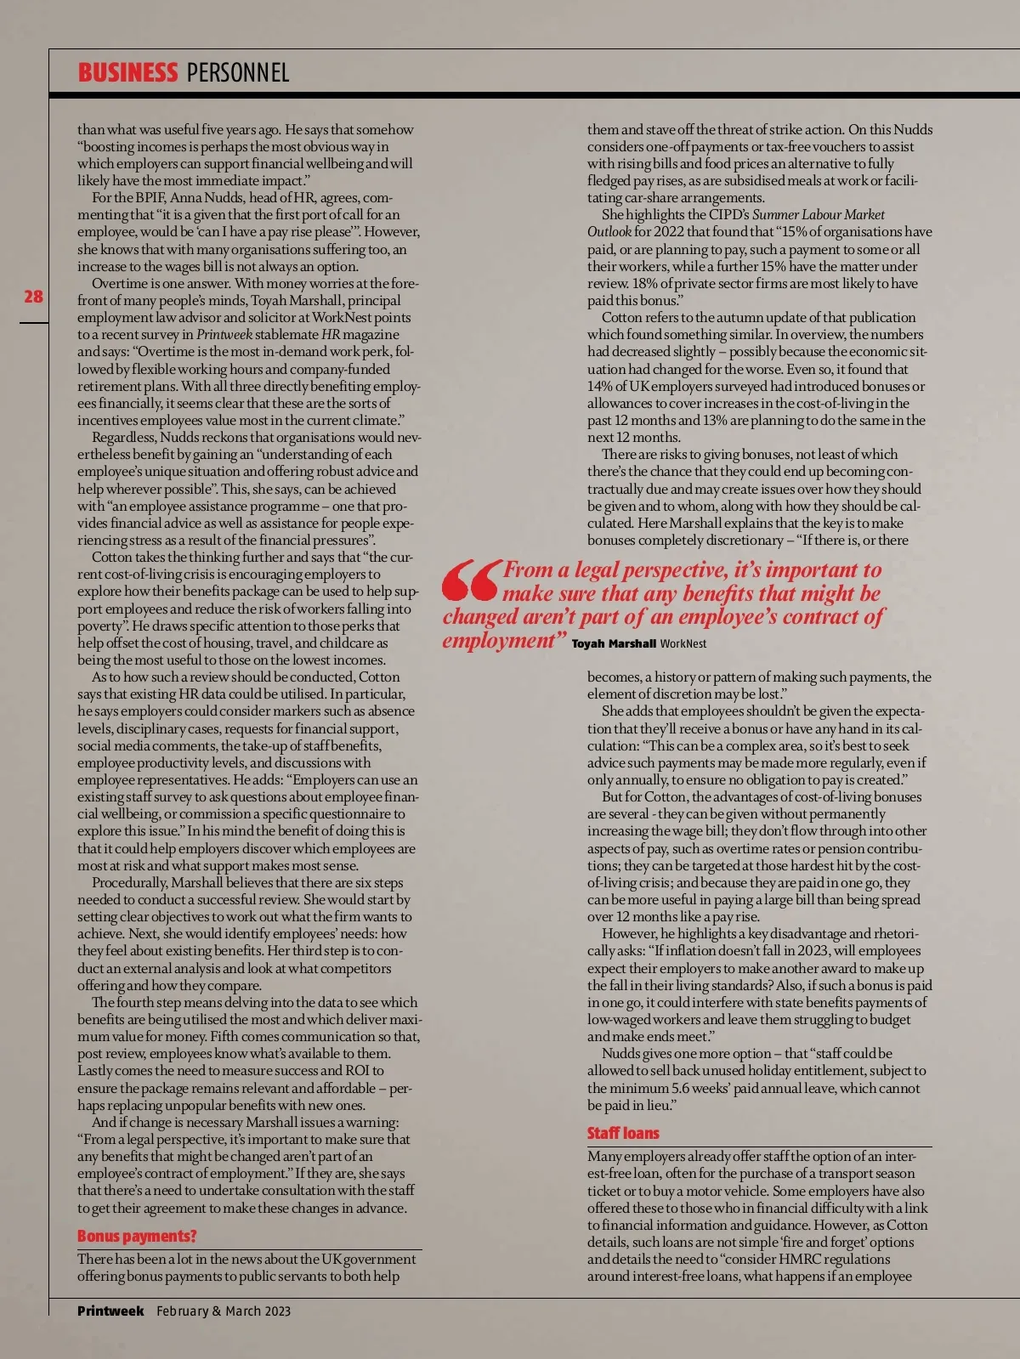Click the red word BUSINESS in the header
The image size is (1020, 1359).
click(127, 72)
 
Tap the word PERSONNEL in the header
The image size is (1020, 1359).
click(238, 72)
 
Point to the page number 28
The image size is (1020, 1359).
click(33, 297)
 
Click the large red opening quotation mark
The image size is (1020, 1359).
click(470, 580)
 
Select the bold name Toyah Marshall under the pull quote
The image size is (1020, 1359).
click(614, 643)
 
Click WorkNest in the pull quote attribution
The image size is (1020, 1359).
click(683, 643)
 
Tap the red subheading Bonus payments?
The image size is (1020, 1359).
click(137, 1236)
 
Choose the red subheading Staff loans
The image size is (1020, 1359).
click(623, 1133)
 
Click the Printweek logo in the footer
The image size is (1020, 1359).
click(110, 1311)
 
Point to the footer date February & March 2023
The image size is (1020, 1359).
click(224, 1311)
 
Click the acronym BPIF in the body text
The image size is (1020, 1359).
click(150, 198)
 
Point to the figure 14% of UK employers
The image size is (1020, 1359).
click(600, 386)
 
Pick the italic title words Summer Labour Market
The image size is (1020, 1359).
click(818, 215)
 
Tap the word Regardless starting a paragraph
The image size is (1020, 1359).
click(124, 438)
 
